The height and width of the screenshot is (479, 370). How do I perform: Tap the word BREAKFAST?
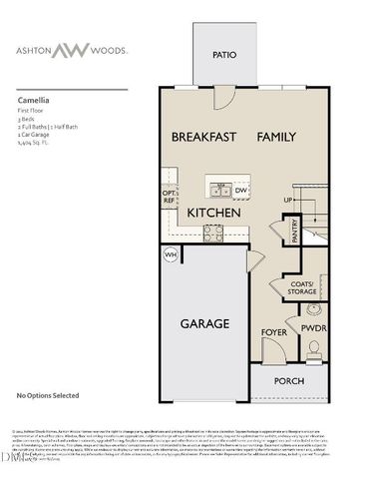tap(203, 137)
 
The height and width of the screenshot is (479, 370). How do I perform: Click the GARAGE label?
tap(204, 323)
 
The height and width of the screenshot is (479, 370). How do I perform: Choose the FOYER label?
tap(273, 330)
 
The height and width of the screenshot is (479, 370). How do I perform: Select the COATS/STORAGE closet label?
tap(299, 287)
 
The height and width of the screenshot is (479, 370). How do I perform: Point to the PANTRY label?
tap(295, 232)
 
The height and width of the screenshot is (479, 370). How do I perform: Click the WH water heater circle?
tap(171, 255)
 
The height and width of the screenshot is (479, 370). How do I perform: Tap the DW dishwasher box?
tap(241, 190)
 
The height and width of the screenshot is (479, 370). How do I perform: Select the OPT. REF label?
tap(169, 198)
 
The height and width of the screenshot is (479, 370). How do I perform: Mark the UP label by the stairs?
tap(289, 201)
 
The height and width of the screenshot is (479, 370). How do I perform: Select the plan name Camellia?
tap(35, 100)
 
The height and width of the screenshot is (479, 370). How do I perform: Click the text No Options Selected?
tap(48, 396)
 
